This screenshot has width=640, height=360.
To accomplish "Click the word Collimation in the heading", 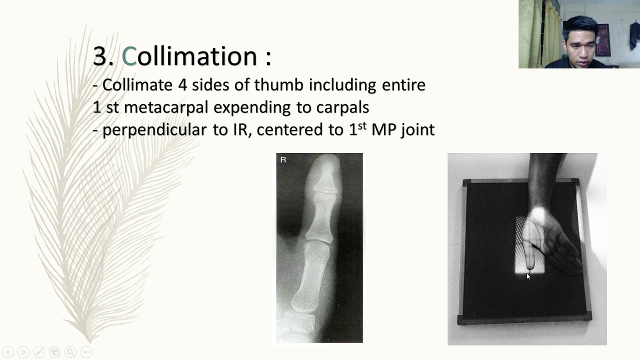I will click(x=189, y=56).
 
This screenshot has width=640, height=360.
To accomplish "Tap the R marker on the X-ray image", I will click(x=283, y=160).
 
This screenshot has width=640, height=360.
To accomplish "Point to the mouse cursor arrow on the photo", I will click(x=528, y=276).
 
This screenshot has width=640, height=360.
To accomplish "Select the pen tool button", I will click(x=39, y=352).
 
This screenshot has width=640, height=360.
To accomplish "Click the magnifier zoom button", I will click(x=70, y=352).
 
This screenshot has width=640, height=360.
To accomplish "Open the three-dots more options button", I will click(x=85, y=352).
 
